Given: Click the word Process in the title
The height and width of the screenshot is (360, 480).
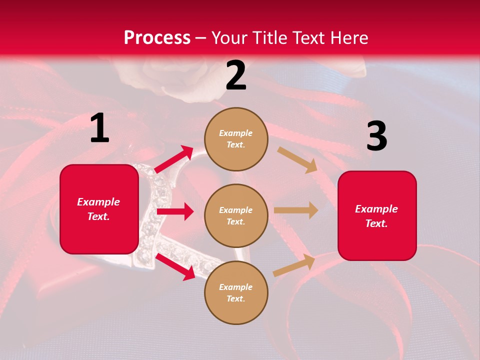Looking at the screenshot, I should [157, 38].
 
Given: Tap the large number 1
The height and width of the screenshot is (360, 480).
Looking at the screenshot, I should [99, 128].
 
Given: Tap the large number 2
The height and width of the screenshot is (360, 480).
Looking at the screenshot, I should [236, 75].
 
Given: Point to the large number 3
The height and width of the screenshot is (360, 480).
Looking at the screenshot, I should [376, 136].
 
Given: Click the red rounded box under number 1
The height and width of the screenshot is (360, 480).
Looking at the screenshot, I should [99, 209].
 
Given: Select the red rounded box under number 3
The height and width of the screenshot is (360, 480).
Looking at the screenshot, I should [377, 215].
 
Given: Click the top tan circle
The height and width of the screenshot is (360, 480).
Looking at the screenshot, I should [236, 139].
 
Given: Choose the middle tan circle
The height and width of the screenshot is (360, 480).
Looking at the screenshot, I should [236, 215].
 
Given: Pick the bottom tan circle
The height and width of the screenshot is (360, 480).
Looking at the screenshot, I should [236, 292].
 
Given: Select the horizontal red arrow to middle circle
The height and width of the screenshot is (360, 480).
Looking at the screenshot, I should [175, 211].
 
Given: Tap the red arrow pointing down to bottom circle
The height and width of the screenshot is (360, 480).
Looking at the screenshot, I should [175, 266].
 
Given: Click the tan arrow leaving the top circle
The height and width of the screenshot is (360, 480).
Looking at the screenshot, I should [297, 159].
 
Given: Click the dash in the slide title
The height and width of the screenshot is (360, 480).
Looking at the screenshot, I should [201, 38].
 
